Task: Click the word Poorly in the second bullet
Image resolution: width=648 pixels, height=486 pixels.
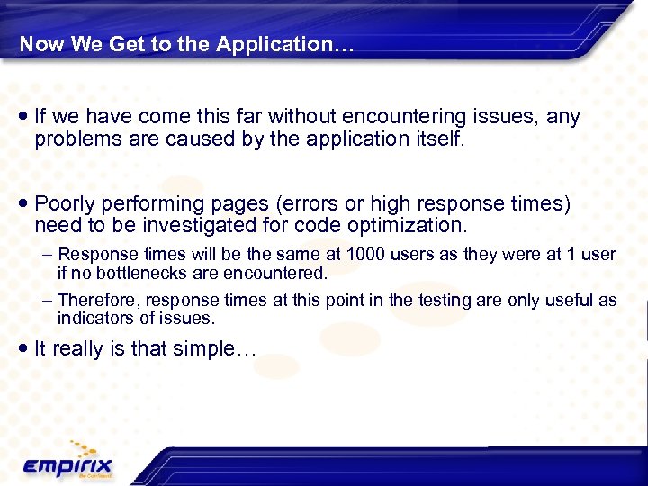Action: point(66,204)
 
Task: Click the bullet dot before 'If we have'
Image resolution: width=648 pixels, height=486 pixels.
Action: point(22,117)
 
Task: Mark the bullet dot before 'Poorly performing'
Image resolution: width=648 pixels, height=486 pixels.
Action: point(22,204)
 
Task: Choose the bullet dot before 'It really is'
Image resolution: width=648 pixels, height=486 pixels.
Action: point(22,348)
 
